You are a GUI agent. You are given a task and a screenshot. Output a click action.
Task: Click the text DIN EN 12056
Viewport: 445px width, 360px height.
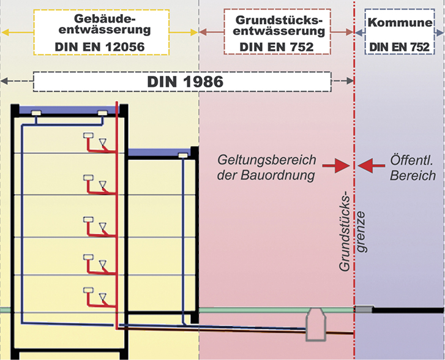tap(100, 47)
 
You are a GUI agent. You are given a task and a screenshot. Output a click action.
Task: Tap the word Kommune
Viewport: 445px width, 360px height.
tap(400, 23)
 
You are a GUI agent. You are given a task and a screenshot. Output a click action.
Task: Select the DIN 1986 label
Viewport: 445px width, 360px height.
tap(185, 82)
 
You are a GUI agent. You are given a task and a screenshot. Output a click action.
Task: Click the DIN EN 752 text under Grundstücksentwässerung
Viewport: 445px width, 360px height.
tap(277, 47)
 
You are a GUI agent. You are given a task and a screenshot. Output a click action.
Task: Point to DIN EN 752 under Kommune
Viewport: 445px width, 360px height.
tap(400, 47)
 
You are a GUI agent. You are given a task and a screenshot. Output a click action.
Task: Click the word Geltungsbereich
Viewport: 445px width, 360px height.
tap(267, 160)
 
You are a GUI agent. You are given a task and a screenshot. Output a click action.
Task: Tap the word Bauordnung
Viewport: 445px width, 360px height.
tap(278, 175)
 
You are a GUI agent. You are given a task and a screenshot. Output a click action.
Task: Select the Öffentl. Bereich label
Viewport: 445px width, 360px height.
tap(413, 168)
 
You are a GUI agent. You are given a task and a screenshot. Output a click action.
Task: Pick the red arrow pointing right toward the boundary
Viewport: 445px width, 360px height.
tap(337, 165)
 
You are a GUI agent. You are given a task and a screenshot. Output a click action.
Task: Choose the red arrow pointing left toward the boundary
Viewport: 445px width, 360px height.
tap(372, 165)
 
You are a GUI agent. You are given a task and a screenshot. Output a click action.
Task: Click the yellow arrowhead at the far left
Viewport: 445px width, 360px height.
tap(6, 32)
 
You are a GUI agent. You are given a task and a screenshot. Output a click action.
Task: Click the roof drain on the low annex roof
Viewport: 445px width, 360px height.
tap(183, 156)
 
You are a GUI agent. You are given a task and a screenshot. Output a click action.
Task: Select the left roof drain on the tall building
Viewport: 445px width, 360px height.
tap(36, 113)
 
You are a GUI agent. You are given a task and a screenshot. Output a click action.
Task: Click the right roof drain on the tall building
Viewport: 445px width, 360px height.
tap(102, 113)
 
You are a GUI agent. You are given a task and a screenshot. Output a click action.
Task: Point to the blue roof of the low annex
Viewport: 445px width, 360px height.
tap(159, 152)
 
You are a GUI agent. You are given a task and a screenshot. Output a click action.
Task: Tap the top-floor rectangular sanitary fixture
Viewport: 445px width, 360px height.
tap(88, 135)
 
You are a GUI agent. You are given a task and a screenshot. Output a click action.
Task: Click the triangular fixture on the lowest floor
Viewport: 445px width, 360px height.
tap(103, 297)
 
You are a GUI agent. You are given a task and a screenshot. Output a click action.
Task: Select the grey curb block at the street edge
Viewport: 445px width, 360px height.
tap(364, 309)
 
